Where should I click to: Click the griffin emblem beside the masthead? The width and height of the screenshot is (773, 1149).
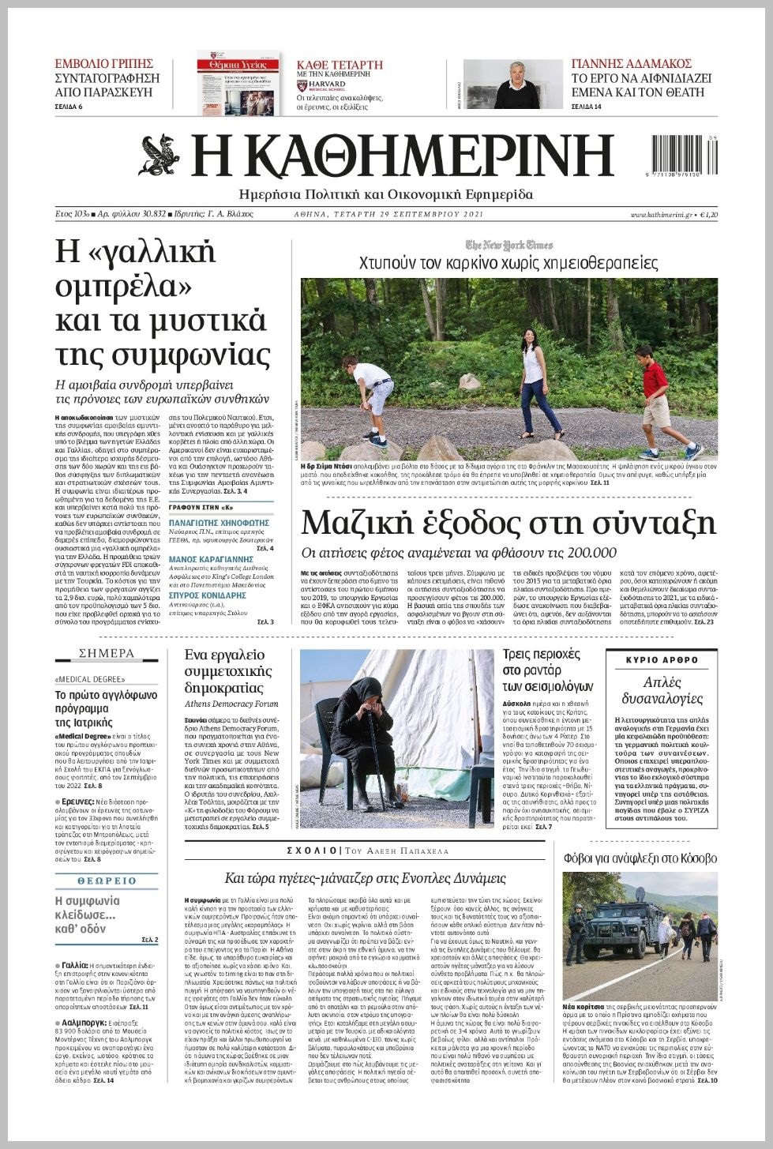159,155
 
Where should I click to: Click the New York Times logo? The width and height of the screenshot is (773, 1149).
508,245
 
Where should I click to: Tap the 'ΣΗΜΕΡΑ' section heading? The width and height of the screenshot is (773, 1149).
107,653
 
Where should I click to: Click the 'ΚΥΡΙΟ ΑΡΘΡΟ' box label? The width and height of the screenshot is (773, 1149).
662,660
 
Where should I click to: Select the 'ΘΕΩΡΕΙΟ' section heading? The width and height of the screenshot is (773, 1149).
107,881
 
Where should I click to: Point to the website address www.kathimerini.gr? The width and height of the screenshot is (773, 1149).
661,214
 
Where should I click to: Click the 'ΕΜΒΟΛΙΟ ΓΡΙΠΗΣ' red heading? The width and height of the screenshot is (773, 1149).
103,63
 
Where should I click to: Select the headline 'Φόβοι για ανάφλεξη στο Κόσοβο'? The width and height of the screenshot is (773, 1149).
640,858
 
